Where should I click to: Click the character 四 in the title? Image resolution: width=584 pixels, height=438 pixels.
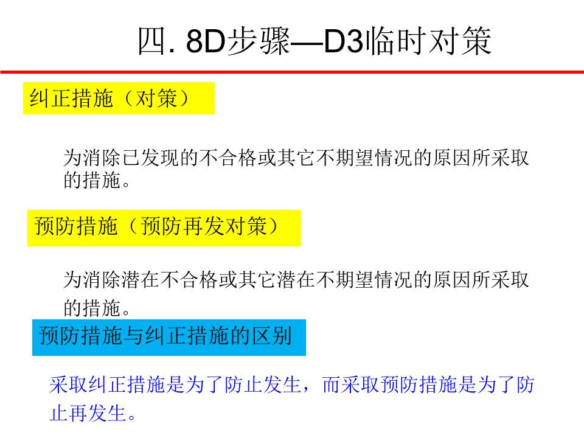coord(151,41)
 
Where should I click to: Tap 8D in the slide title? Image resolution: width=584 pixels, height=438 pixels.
coord(206,41)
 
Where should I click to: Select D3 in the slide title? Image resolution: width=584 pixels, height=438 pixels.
coord(343,41)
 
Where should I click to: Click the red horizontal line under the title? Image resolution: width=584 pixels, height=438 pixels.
coord(292,72)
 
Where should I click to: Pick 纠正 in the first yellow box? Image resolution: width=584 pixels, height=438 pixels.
coord(50,99)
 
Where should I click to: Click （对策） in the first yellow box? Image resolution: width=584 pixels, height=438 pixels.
coord(156,99)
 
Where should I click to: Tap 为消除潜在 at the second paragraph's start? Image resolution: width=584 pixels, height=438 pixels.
coord(112,279)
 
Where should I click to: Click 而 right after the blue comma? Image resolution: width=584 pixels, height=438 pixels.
coord(332,384)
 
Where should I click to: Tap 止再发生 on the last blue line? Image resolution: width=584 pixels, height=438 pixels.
coord(88,413)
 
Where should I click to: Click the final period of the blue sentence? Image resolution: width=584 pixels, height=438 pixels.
coord(131,417)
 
